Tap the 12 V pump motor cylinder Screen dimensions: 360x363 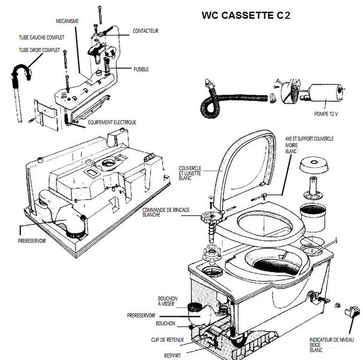coord(326,94)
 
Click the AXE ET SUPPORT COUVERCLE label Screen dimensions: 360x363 coord(309,139)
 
